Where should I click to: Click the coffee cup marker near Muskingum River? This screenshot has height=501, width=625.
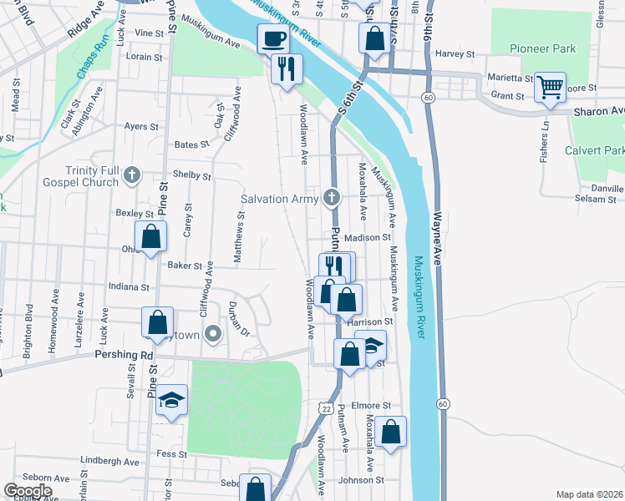273,38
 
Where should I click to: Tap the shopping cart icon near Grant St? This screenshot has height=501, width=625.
550,87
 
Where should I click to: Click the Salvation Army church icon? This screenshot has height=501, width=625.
332,199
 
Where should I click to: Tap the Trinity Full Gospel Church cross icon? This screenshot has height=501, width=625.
131,175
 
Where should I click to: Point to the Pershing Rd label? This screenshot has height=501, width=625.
123,354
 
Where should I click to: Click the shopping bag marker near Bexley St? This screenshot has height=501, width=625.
150,237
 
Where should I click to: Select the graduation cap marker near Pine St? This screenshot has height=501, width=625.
171,401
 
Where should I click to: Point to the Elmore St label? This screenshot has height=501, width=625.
372,406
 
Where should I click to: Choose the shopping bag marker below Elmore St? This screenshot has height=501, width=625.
390,433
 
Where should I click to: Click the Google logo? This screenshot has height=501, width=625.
28,491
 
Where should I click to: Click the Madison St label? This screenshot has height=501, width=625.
368,237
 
